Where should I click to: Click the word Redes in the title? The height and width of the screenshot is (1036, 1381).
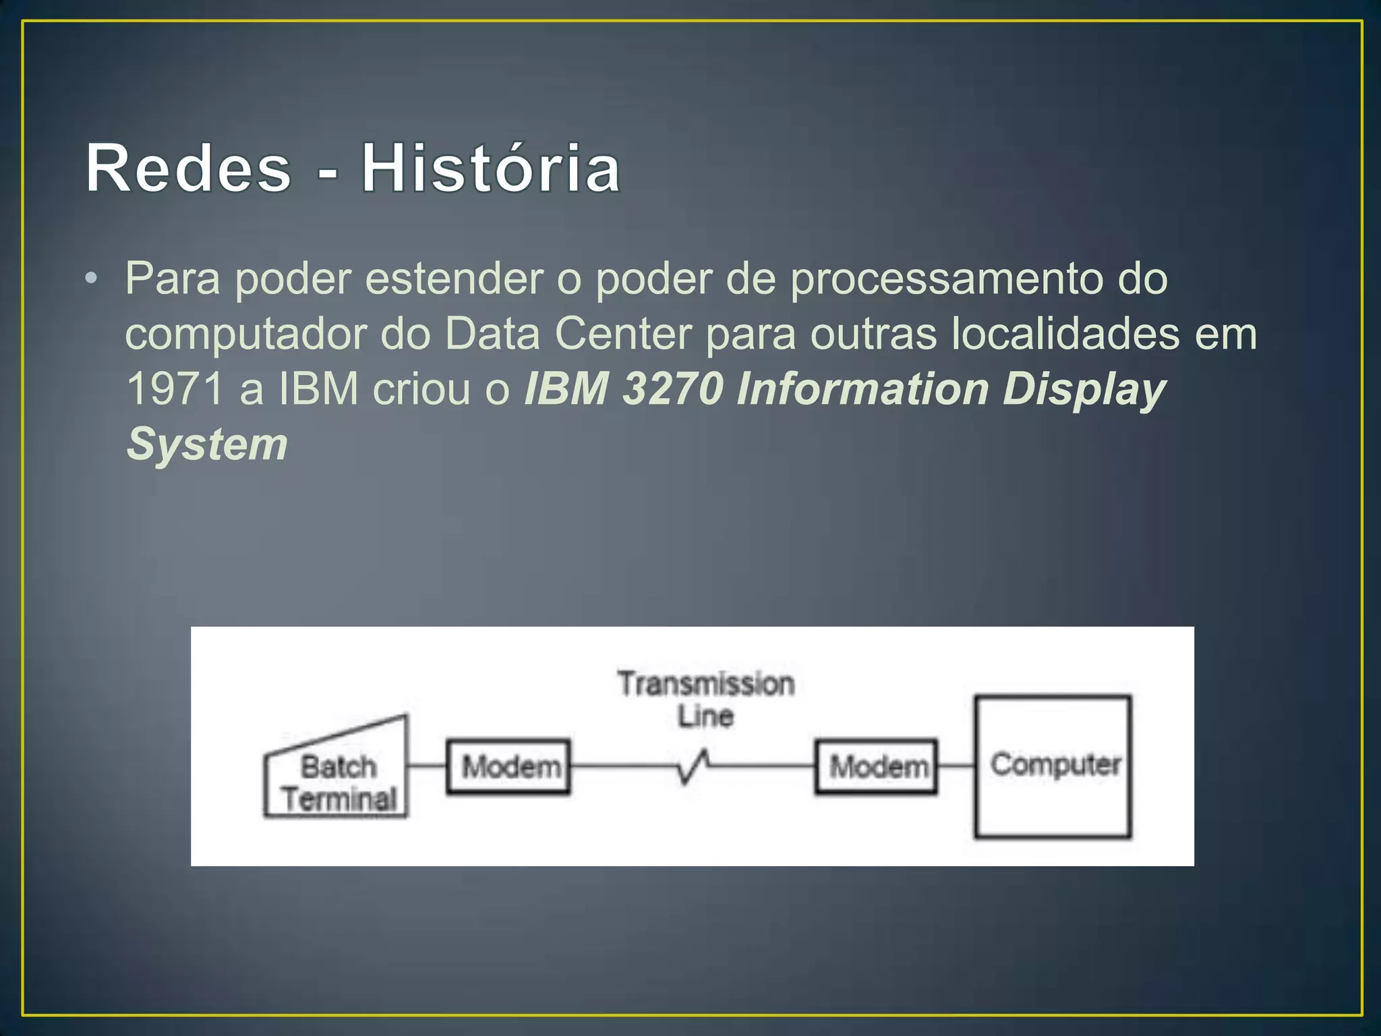point(188,169)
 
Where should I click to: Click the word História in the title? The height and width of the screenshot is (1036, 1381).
point(491,169)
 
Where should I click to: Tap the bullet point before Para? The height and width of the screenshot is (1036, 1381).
point(92,279)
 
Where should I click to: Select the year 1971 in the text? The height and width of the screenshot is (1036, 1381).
point(175,389)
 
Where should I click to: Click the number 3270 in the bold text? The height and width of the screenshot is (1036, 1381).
point(672,389)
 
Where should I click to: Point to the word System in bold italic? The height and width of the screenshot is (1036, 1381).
point(208,444)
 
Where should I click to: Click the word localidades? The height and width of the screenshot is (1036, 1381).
point(1065,334)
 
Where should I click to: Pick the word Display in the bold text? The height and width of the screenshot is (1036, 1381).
point(1084,389)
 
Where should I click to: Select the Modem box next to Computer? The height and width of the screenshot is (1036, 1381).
point(877,767)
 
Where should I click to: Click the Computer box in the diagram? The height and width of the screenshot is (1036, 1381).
point(1053,767)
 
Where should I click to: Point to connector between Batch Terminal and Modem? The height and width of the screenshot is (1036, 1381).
point(427,766)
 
